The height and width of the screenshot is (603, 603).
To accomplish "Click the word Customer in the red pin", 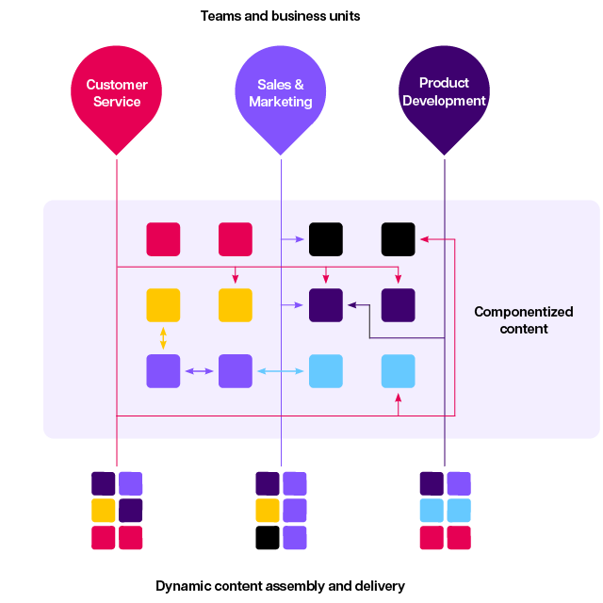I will point(117,85).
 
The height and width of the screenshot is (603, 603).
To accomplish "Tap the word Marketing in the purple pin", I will point(281,102).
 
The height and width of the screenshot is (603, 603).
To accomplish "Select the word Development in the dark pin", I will point(444,101).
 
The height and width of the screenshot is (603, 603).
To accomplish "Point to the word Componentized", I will point(523,312).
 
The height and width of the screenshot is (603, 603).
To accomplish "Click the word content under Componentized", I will point(524,329).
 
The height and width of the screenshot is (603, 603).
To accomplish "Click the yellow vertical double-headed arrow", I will point(163,337).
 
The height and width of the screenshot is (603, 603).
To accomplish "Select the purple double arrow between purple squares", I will point(199,371).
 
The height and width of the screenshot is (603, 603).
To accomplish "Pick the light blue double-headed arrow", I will point(281,371).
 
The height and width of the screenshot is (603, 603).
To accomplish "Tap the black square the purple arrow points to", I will point(326,239).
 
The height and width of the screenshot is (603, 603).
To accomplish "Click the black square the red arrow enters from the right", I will point(398,239).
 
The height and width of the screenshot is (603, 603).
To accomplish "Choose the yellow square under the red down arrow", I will point(236,305).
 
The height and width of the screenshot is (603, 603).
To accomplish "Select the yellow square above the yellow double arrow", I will point(163,305).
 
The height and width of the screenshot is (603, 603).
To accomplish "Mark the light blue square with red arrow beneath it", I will point(398,371).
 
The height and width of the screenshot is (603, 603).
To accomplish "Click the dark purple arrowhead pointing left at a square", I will point(351,304).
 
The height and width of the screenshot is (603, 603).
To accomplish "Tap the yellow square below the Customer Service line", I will point(104,511).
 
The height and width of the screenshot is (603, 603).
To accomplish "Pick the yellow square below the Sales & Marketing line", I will point(268,511).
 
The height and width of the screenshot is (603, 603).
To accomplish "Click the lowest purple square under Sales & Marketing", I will point(295,538).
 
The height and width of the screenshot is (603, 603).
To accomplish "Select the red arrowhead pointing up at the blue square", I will point(398,397).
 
